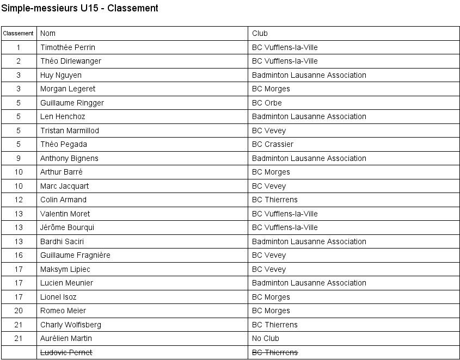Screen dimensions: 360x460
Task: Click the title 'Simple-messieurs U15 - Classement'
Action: pyautogui.click(x=80, y=8)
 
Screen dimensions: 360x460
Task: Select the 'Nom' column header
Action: pyautogui.click(x=48, y=33)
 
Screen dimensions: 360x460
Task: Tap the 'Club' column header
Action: pyautogui.click(x=260, y=33)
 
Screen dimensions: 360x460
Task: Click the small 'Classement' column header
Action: pyautogui.click(x=19, y=33)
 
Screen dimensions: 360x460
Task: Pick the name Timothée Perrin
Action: pyautogui.click(x=68, y=47)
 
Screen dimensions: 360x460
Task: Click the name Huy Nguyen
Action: pyautogui.click(x=60, y=75)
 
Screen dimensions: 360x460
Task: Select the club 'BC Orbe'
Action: pyautogui.click(x=267, y=103)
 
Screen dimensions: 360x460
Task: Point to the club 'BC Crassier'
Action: pyautogui.click(x=272, y=144)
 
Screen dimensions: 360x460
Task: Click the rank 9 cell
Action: pyautogui.click(x=19, y=158)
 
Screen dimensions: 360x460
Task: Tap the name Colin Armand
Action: pyautogui.click(x=63, y=200)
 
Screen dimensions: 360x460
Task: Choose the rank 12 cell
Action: pyautogui.click(x=19, y=200)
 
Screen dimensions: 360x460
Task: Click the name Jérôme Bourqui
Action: pyautogui.click(x=67, y=227)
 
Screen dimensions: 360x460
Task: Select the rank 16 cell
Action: pyautogui.click(x=19, y=255)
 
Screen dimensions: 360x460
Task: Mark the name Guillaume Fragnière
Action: pyautogui.click(x=75, y=255)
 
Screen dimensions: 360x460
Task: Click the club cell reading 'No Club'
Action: pyautogui.click(x=265, y=338)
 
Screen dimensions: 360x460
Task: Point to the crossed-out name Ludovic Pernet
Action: pyautogui.click(x=66, y=352)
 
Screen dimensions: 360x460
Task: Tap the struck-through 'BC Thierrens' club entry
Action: pyautogui.click(x=274, y=352)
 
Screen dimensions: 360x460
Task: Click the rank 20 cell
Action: pyautogui.click(x=19, y=311)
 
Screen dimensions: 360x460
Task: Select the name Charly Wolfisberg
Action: pyautogui.click(x=70, y=325)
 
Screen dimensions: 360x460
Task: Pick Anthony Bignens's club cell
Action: pyautogui.click(x=309, y=158)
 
